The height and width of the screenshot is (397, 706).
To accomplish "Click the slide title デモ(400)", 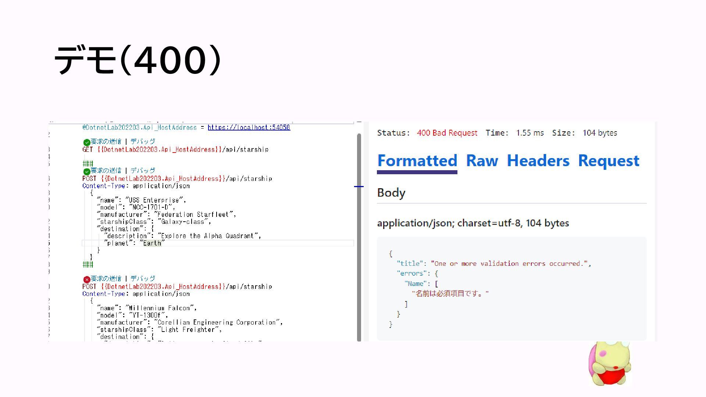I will [138, 60].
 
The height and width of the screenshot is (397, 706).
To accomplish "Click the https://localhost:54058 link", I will [249, 128].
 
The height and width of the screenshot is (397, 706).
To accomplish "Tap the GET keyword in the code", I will [88, 150].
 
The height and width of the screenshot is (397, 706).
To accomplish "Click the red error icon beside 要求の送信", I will [87, 279].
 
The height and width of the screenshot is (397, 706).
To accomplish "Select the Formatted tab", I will [417, 161].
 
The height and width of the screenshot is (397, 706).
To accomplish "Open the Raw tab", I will [482, 161].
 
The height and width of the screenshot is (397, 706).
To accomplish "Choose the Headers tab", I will [538, 161].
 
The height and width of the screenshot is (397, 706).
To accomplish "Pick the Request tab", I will [609, 161].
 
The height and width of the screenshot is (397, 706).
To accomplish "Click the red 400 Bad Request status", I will [447, 133].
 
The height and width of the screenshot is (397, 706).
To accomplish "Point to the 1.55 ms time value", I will [529, 133].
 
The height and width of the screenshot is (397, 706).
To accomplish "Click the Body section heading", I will [391, 193].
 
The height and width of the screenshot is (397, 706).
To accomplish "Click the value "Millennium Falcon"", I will [161, 308].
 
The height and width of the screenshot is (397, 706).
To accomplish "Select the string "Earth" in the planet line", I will [152, 243].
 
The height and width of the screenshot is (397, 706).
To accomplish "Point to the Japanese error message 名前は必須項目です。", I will [450, 294].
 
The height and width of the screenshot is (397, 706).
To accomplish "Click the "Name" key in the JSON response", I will [416, 284].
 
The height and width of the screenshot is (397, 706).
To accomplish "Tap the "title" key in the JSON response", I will [410, 264].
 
